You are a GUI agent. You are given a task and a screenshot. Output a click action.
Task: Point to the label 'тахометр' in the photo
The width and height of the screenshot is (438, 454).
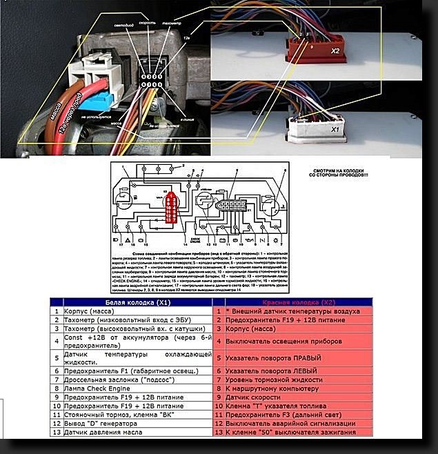point(170,22)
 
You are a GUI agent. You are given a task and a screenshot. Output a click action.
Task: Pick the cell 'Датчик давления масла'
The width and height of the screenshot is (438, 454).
point(103,432)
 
